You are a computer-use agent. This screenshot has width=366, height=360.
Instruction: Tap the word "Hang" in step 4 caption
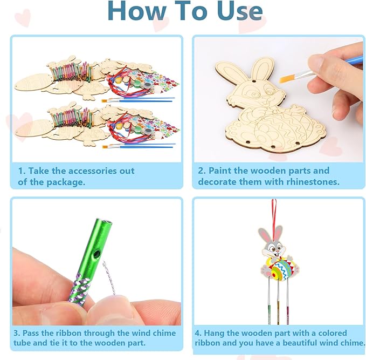pos(215,333)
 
